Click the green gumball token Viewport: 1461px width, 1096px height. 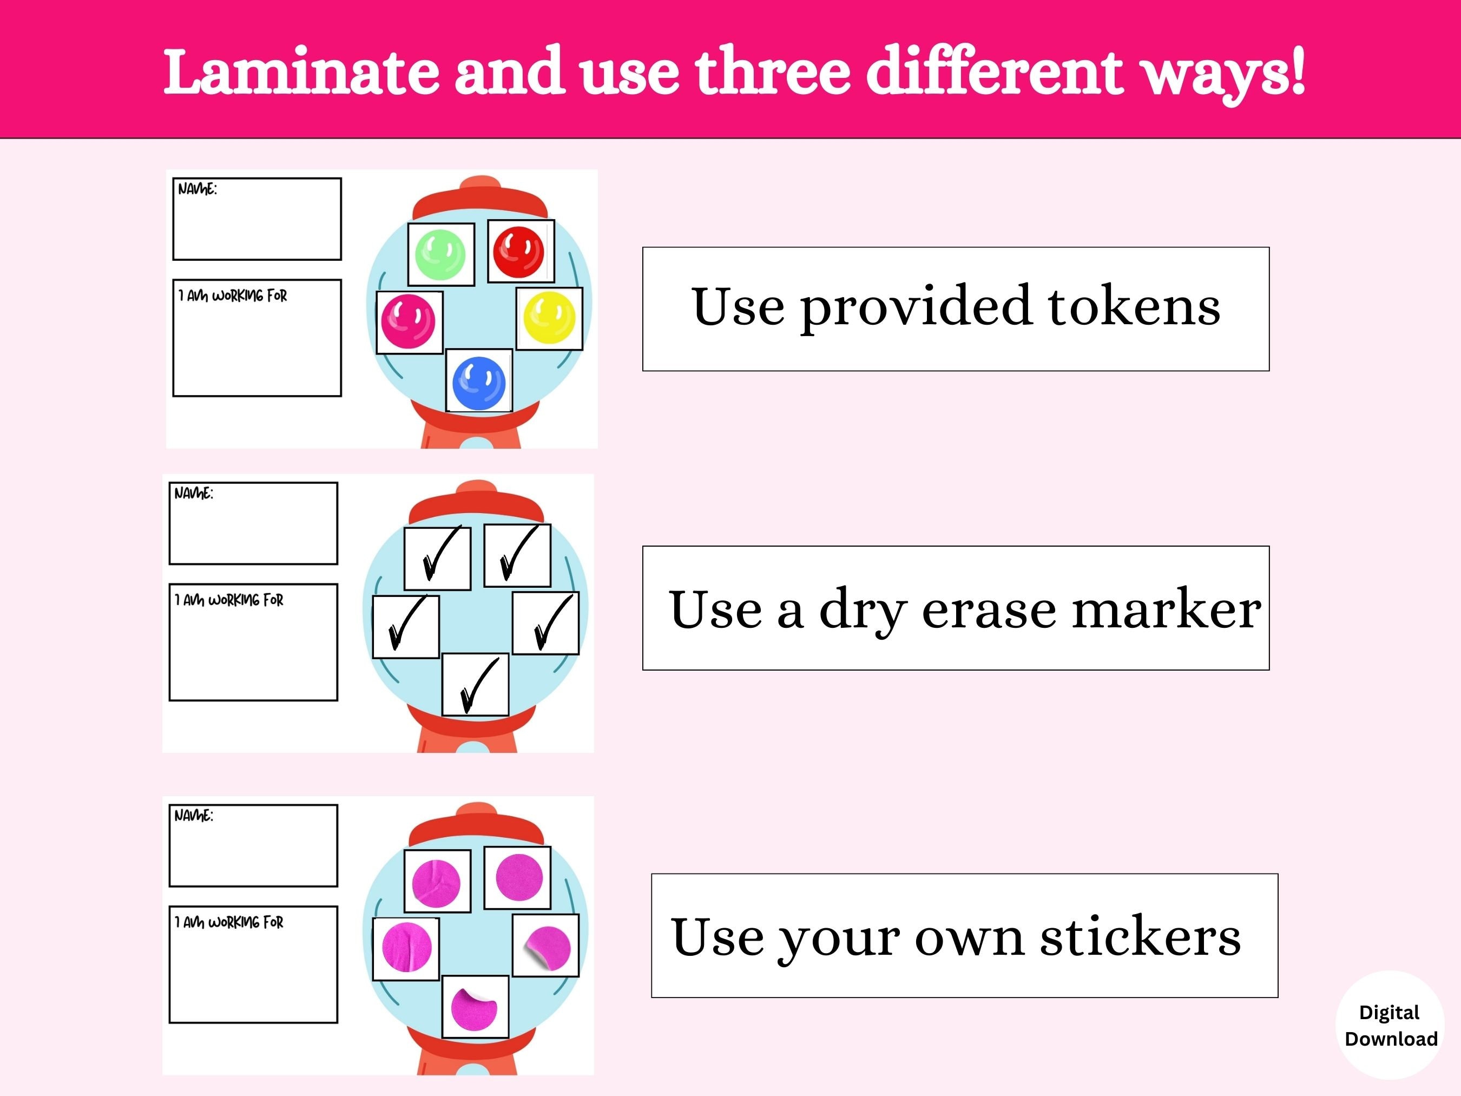pos(440,254)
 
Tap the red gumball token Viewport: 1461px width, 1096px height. pos(519,251)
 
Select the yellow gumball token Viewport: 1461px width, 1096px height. pos(549,318)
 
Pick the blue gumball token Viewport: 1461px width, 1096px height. pos(479,383)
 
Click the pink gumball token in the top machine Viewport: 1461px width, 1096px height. pos(408,321)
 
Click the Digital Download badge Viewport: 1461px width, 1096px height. pos(1390,1025)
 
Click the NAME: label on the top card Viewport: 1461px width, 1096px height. pos(197,189)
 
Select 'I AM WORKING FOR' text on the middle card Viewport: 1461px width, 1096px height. pos(228,600)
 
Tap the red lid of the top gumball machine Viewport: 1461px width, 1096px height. pos(480,199)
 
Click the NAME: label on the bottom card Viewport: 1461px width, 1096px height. pos(194,815)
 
